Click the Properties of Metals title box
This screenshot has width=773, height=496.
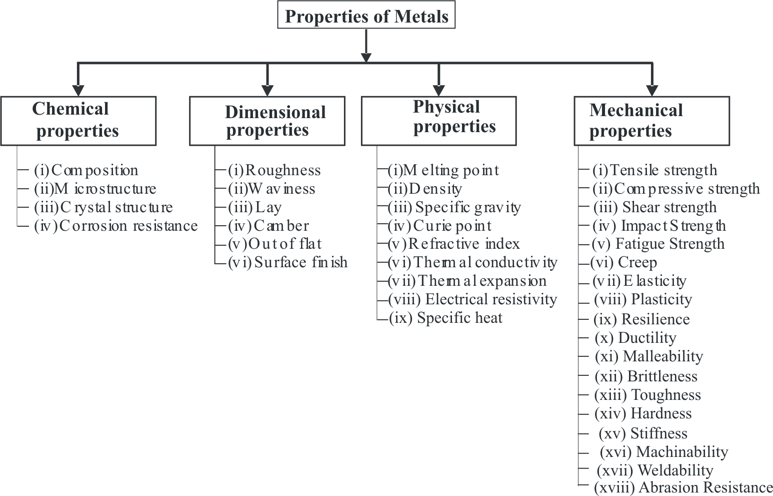tap(366, 16)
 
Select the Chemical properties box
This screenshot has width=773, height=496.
tap(78, 121)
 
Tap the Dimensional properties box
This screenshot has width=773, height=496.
tap(267, 121)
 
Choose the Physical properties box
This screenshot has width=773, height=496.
tap(438, 121)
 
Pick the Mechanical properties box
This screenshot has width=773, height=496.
tap(651, 121)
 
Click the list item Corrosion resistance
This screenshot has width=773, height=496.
tap(115, 226)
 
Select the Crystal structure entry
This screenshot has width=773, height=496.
tap(103, 207)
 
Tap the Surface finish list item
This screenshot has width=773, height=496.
tap(287, 262)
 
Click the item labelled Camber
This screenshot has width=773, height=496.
tap(268, 226)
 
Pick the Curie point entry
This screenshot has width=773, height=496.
tap(440, 226)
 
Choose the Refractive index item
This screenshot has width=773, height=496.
tap(454, 244)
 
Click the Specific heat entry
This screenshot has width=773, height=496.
tap(446, 318)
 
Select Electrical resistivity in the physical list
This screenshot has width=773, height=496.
tap(473, 299)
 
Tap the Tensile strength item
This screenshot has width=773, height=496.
tap(655, 170)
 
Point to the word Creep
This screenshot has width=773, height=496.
tap(637, 262)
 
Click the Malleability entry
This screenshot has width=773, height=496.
tap(649, 356)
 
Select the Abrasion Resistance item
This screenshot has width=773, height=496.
tap(683, 487)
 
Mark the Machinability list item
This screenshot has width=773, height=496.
tap(664, 452)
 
